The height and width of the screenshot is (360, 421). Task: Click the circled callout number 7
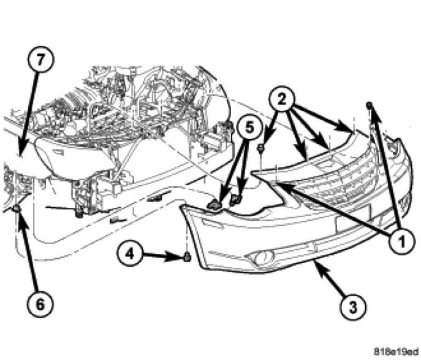[41, 59]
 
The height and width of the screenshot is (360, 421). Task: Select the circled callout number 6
[40, 305]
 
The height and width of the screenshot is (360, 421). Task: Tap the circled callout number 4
[130, 253]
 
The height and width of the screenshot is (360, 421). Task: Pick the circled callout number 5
[249, 128]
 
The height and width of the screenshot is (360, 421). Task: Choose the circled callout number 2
[282, 100]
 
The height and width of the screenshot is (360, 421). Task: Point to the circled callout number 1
[402, 241]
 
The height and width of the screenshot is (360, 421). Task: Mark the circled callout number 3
[353, 307]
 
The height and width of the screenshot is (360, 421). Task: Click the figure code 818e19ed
[396, 351]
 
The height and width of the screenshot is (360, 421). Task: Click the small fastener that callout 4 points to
[187, 257]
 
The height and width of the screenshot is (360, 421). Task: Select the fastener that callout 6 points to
[17, 208]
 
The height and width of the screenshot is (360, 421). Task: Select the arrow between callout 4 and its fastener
[162, 255]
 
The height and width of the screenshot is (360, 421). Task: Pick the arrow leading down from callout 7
[28, 113]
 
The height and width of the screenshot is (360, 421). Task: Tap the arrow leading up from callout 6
[28, 252]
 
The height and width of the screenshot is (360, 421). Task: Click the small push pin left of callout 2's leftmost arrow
[260, 147]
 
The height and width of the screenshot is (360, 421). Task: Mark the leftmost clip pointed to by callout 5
[214, 205]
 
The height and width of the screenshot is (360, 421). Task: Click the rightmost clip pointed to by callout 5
[236, 199]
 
